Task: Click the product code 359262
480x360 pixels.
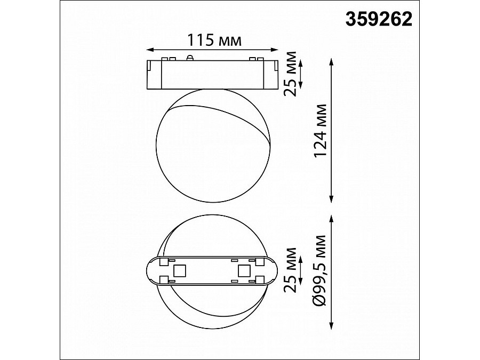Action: (x=379, y=19)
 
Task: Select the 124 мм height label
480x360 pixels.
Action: (x=319, y=131)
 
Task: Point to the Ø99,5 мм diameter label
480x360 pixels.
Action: (x=319, y=271)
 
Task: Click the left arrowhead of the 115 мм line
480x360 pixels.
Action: (x=149, y=50)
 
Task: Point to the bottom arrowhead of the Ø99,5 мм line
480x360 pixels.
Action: (x=332, y=327)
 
